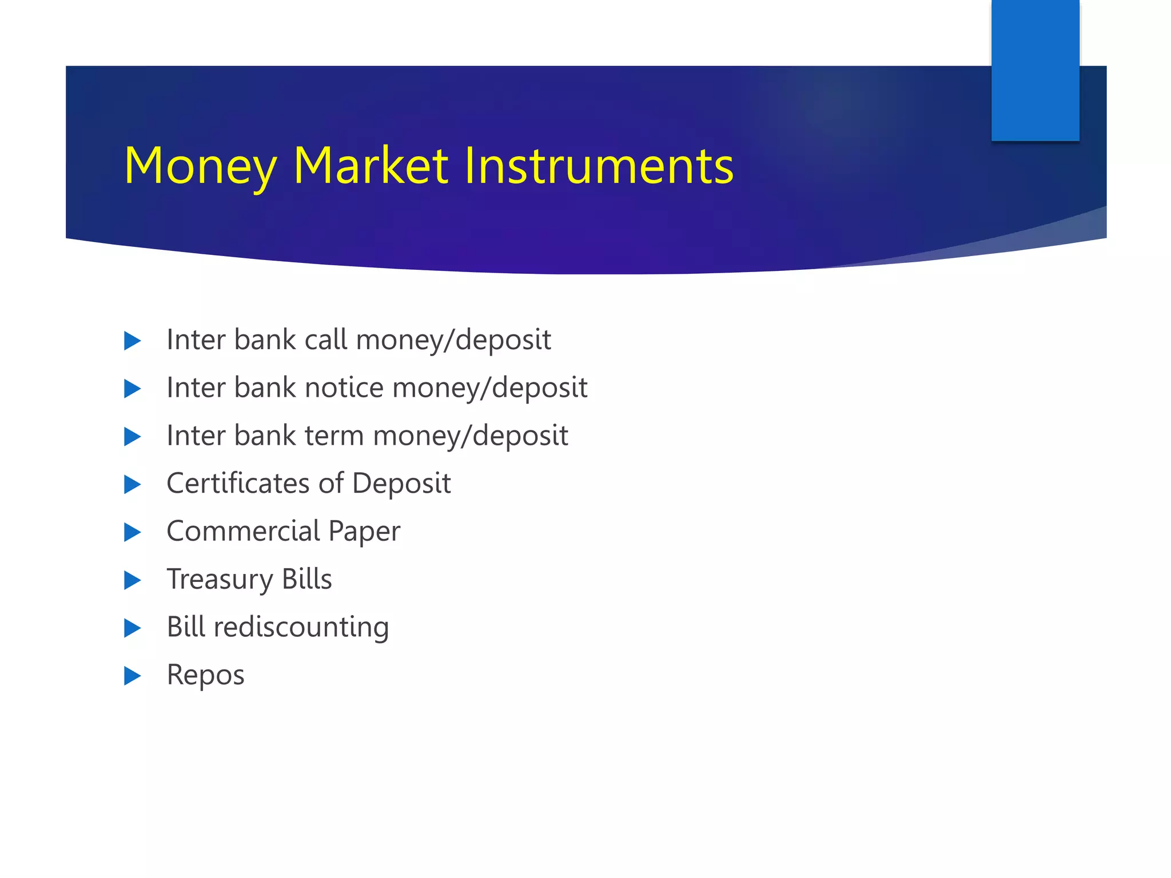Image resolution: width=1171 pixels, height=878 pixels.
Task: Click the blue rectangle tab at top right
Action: [1035, 70]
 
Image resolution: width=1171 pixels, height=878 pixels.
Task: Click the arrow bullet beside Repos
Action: [132, 676]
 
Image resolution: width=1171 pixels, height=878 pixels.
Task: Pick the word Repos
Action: [205, 675]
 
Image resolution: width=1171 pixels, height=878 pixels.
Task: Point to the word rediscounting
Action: [301, 627]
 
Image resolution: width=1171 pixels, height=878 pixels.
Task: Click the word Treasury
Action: [220, 580]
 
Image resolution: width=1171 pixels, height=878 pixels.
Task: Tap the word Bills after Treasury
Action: [307, 578]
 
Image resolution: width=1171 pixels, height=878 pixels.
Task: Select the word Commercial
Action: [243, 531]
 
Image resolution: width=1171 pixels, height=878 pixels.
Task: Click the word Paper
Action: [364, 532]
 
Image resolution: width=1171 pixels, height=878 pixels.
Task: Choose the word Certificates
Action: [238, 483]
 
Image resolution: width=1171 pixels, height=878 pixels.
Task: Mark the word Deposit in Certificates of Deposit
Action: [401, 484]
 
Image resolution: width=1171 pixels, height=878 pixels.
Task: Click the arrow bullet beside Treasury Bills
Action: [132, 580]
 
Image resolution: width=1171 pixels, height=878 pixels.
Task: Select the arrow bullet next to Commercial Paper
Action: [132, 532]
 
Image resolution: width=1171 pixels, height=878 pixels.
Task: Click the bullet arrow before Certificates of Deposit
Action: [132, 484]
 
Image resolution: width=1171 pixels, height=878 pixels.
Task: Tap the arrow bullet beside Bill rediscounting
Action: [132, 628]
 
